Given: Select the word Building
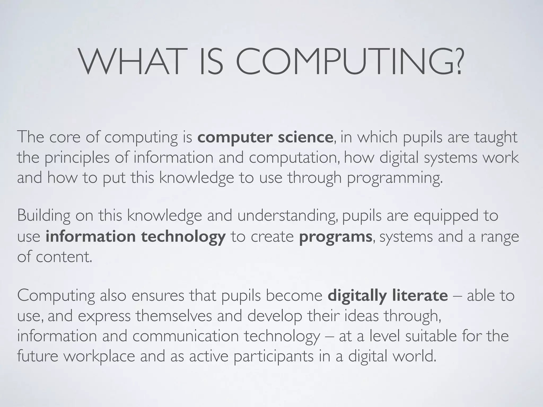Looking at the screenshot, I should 44,216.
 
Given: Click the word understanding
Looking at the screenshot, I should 288,216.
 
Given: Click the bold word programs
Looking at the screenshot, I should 336,237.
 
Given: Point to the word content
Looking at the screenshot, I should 64,257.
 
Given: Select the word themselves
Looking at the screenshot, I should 174,316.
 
